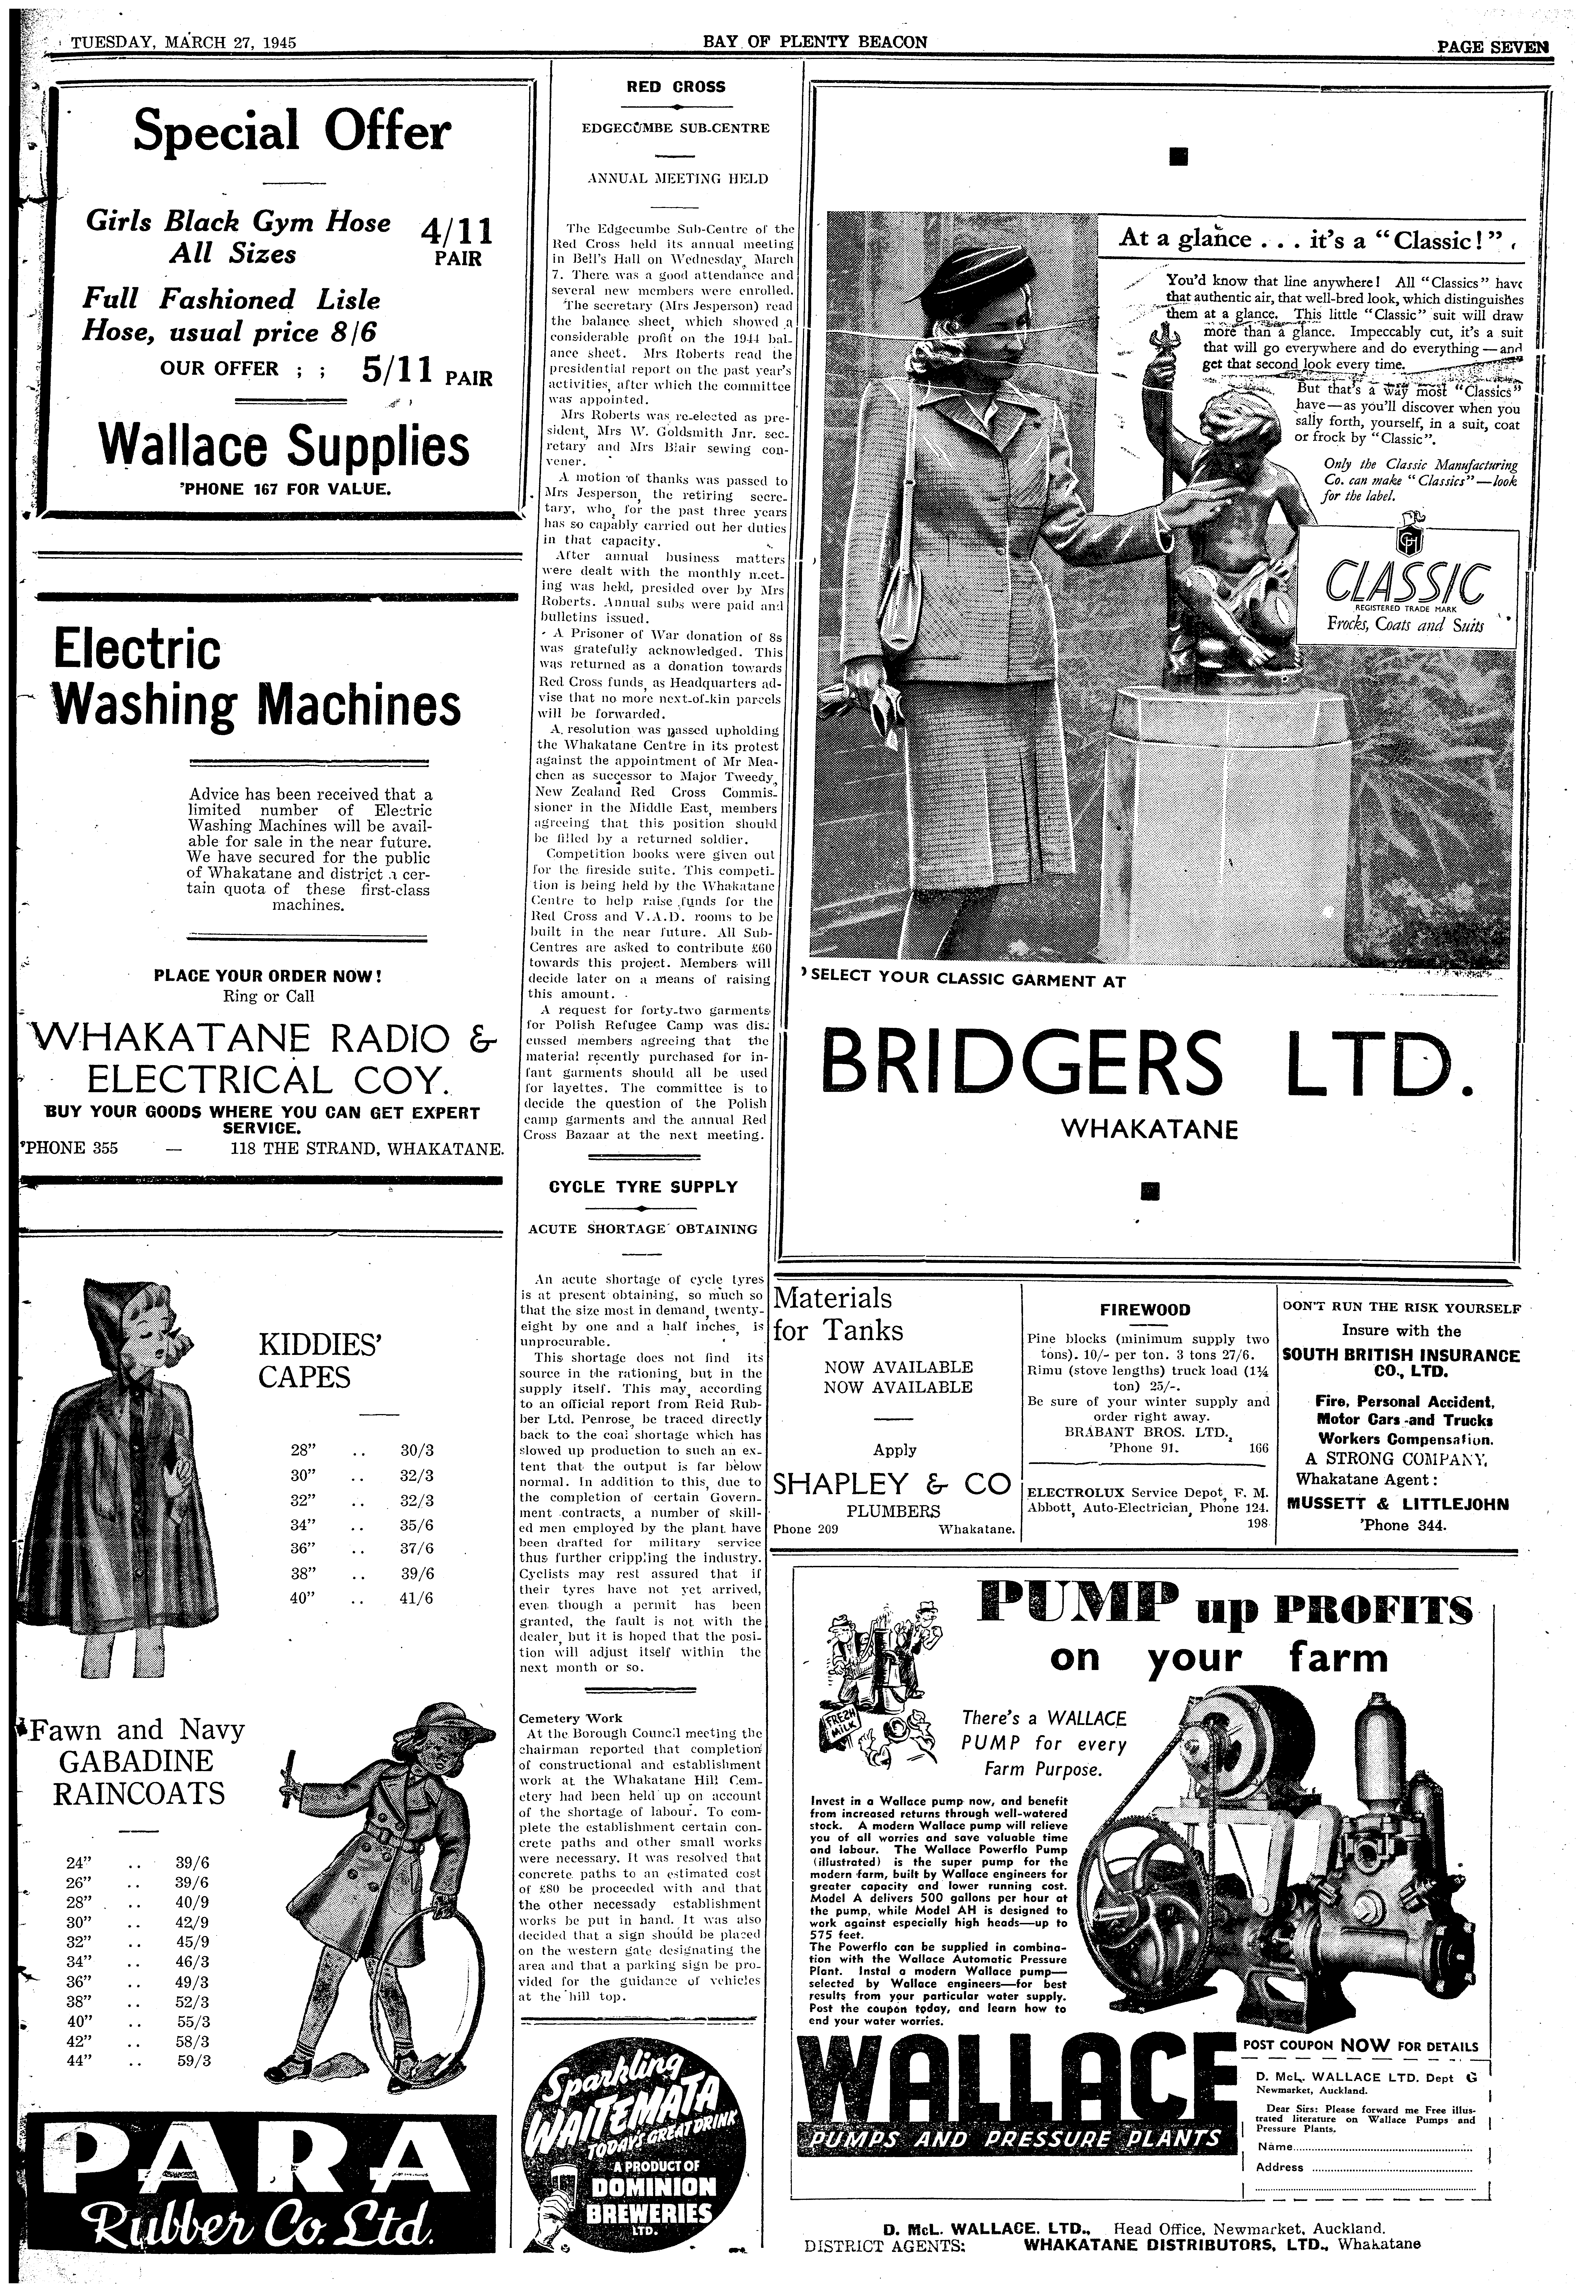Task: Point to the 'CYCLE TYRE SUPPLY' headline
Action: coord(643,1187)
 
